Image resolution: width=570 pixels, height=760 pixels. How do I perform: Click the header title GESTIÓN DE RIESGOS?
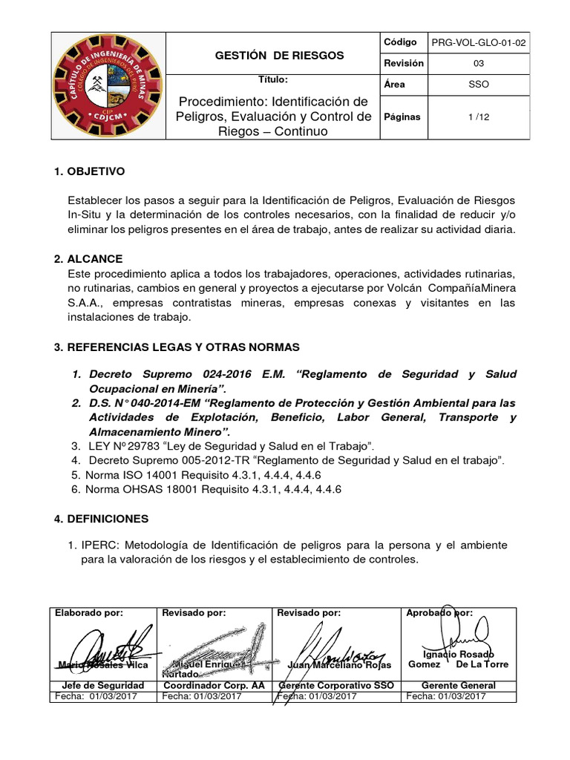pos(269,55)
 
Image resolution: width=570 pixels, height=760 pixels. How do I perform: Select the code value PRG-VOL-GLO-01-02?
pos(479,44)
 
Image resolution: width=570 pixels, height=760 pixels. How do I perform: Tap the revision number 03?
pos(479,64)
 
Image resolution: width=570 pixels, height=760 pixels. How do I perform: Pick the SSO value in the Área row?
pos(479,85)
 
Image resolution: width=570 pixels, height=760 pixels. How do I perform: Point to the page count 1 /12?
pos(479,117)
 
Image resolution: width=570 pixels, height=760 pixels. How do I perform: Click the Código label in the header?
pos(400,43)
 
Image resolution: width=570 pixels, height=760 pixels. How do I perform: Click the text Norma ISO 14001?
pos(128,475)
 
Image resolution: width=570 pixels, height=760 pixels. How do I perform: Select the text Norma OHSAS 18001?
pos(136,490)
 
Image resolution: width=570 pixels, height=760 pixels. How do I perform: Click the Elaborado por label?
pos(88,612)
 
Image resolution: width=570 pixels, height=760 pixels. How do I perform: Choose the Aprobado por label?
pos(439,612)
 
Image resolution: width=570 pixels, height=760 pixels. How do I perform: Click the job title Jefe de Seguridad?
pos(104,685)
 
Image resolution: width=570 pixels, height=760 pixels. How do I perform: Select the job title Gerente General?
pos(459,685)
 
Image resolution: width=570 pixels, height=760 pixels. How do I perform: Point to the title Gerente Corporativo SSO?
pos(335,685)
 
